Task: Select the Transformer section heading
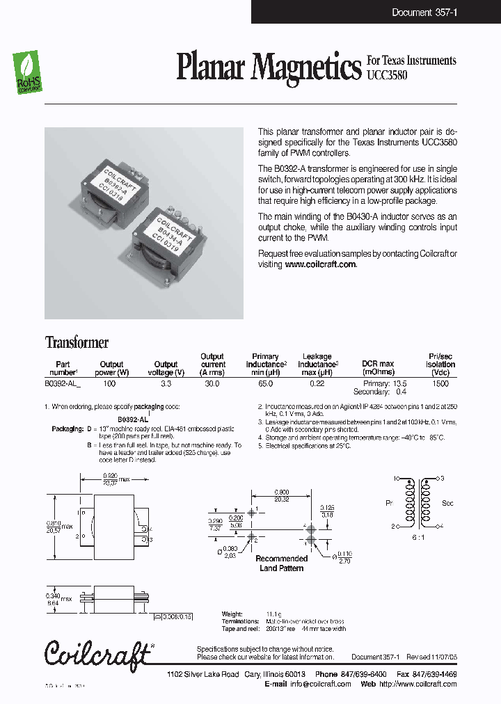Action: point(77,342)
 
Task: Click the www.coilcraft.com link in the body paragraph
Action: point(321,264)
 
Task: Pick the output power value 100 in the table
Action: point(109,383)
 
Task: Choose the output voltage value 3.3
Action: point(166,383)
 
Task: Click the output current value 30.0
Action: point(212,383)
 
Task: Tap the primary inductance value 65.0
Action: point(266,383)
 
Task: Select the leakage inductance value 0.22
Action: point(318,383)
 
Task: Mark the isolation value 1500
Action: point(440,383)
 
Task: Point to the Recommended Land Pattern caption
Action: point(281,563)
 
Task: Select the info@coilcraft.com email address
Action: point(320,684)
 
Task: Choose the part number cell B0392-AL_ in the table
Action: point(63,383)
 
